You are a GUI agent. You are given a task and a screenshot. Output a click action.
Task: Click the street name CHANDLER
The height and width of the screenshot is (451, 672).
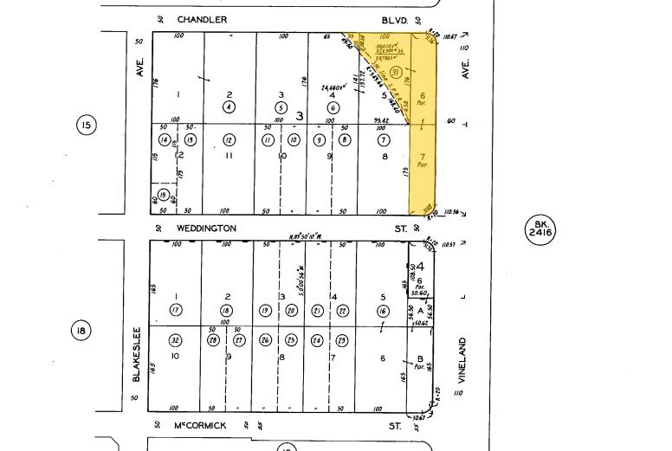tap(203, 19)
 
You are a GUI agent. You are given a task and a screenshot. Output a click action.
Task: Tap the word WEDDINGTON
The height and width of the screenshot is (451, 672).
tap(207, 229)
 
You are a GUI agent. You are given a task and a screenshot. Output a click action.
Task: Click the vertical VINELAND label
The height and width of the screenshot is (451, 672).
tap(462, 360)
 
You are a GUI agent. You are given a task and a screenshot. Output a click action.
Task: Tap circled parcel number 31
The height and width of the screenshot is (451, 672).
tap(395, 71)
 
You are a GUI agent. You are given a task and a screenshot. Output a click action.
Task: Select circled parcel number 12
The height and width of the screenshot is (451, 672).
tap(229, 139)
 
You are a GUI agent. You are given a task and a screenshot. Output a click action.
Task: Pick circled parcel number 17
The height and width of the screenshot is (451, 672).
tap(176, 311)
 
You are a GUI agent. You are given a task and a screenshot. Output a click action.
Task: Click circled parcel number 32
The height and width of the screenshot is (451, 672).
tap(176, 340)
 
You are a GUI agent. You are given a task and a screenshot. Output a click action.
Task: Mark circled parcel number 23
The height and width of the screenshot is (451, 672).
tap(343, 340)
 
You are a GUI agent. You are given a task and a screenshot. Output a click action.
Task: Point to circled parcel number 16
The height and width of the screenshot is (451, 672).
tap(383, 311)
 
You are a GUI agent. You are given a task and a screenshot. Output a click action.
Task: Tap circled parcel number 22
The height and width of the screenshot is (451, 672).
tap(343, 311)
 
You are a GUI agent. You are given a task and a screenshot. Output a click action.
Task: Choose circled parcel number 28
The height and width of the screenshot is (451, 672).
tap(214, 340)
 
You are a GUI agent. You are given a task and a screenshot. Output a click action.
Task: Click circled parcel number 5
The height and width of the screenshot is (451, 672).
tap(280, 107)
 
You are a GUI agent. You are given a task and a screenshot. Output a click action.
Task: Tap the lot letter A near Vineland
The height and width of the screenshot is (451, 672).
tap(421, 310)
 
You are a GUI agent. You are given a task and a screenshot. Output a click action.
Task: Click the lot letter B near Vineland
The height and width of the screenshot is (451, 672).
tap(421, 358)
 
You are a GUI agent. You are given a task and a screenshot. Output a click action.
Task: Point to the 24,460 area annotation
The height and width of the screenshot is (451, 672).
tap(334, 87)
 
